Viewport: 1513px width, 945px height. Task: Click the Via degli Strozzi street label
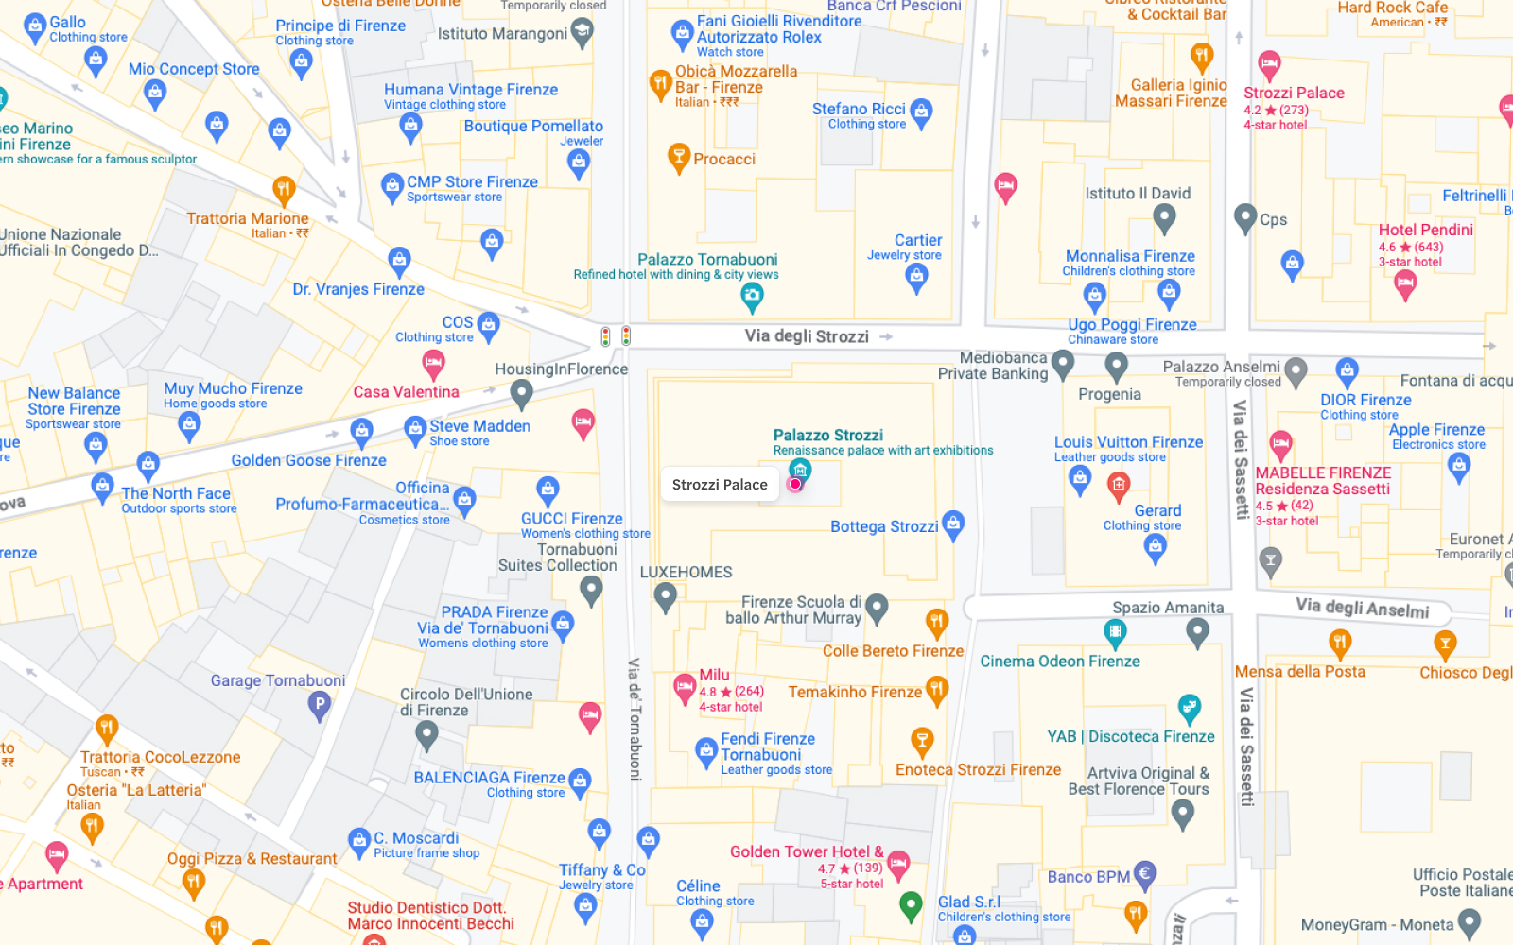(x=806, y=336)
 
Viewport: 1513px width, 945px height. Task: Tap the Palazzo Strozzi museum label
(x=827, y=436)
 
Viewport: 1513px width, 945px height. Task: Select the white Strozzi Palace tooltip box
(x=720, y=485)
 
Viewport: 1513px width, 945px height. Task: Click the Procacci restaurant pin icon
(x=678, y=157)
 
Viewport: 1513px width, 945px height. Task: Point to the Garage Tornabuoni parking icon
(x=320, y=704)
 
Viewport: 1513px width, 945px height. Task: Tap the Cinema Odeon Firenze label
(x=1059, y=661)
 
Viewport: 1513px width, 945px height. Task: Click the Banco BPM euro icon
(x=1145, y=875)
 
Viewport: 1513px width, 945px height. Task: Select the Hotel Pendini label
(x=1425, y=230)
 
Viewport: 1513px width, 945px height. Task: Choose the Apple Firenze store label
(x=1435, y=430)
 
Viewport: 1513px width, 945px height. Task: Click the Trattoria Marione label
(x=247, y=218)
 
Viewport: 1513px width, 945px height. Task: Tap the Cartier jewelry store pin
(x=916, y=277)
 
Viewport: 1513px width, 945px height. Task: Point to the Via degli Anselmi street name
(x=1362, y=608)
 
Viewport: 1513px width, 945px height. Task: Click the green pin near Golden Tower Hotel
(x=911, y=905)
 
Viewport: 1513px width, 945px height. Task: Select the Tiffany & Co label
(x=601, y=870)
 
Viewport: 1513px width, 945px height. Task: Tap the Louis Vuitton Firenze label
(x=1128, y=442)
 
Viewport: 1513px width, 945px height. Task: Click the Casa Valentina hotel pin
(x=433, y=363)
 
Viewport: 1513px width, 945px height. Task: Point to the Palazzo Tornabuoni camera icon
(x=752, y=297)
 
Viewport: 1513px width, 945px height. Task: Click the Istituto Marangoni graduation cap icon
(x=583, y=34)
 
